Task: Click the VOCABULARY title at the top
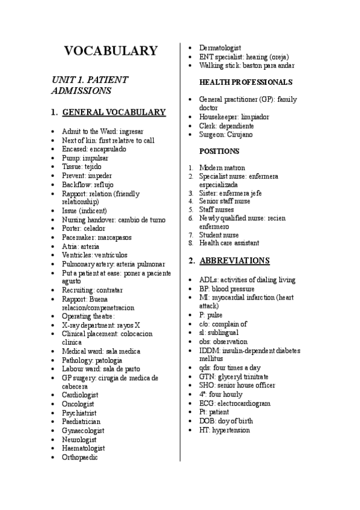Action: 111,51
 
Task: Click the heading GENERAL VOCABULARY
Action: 114,112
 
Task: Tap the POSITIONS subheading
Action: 219,151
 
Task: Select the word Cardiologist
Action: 80,395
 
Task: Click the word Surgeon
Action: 210,135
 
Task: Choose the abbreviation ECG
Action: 206,403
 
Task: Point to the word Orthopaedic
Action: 80,457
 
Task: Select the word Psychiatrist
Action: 79,413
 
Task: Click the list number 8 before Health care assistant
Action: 190,244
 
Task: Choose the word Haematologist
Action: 83,448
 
